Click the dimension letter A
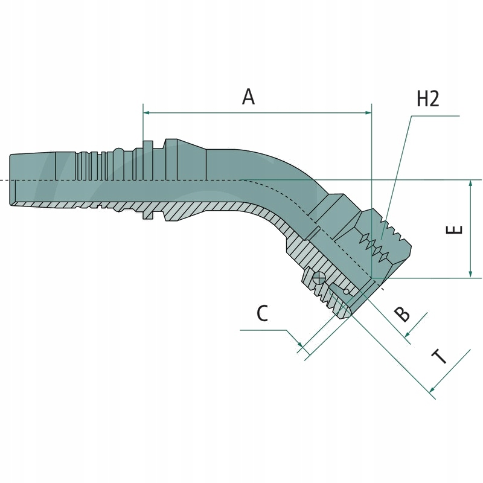pos(248,97)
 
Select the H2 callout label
pos(427,98)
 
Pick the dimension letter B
pos(401,314)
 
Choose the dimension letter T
pos(440,358)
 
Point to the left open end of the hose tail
pos(11,180)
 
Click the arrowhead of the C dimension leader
pos(300,346)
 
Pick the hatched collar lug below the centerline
pos(147,212)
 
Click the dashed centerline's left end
pos(2,180)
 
